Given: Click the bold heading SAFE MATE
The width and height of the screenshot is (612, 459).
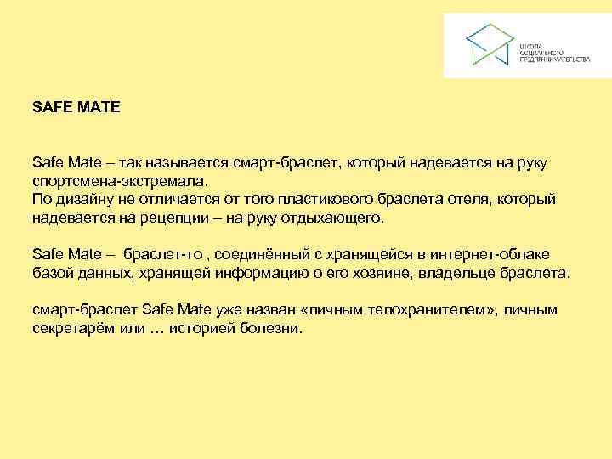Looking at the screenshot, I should click(x=76, y=108).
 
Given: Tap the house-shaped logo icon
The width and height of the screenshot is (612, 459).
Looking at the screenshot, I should click(x=489, y=44).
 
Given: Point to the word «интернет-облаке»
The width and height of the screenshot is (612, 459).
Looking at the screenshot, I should click(x=498, y=254).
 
